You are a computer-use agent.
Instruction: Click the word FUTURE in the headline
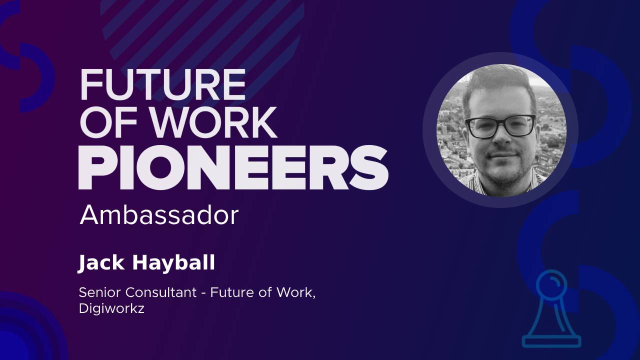point(163,85)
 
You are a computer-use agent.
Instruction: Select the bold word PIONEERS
point(233,167)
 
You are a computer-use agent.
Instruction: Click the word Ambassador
point(159,215)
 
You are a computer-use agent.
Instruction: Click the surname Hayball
point(173,263)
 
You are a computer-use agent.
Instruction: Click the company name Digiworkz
point(111,309)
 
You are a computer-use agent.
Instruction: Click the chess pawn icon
point(551,309)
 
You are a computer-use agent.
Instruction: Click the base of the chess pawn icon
point(551,341)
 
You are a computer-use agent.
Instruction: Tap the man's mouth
point(503,155)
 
